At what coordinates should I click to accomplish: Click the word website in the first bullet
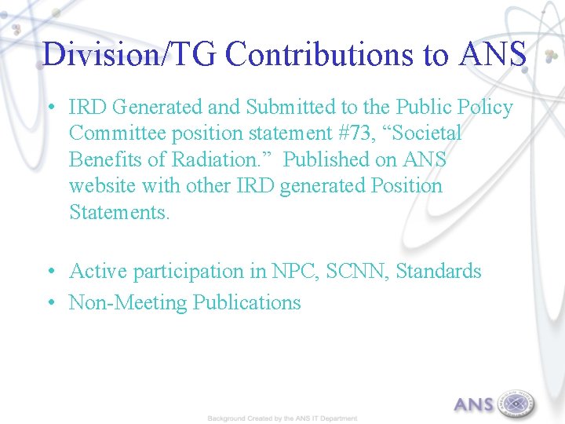(100, 187)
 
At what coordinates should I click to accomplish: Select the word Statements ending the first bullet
(118, 213)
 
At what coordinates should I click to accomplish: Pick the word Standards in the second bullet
(438, 272)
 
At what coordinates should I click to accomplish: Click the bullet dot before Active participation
(49, 272)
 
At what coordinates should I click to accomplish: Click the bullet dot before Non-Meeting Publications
(49, 303)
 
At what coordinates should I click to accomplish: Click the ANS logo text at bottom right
(474, 405)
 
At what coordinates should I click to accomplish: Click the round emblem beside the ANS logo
(515, 404)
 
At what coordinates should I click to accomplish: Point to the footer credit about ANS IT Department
(282, 419)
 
